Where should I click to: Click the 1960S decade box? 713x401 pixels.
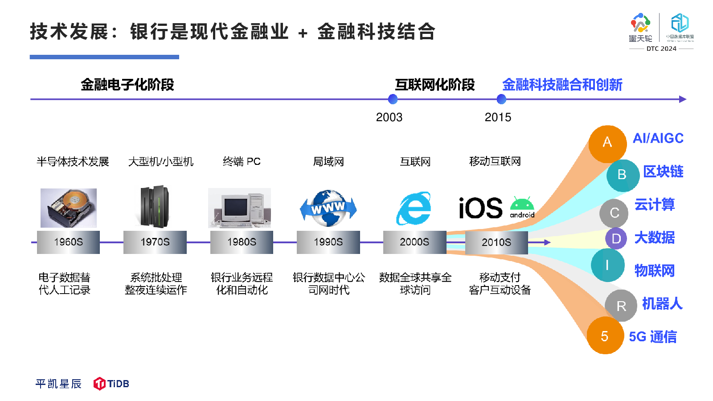click(x=69, y=242)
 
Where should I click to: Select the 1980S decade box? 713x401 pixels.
click(x=242, y=242)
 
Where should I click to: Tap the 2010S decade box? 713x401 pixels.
click(x=496, y=242)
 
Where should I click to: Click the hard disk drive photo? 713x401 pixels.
click(x=69, y=208)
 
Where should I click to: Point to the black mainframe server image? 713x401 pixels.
click(x=155, y=207)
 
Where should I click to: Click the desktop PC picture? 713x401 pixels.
click(x=239, y=208)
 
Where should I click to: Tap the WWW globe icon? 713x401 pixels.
click(x=328, y=208)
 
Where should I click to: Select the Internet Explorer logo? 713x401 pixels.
click(x=414, y=208)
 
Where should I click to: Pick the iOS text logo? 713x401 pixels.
click(x=481, y=208)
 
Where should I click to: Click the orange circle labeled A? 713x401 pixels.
click(x=607, y=144)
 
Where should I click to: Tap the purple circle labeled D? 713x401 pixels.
click(x=616, y=238)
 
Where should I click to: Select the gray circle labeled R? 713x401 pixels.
click(x=621, y=306)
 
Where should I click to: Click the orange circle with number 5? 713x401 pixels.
click(x=605, y=336)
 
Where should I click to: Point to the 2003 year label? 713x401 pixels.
click(x=389, y=118)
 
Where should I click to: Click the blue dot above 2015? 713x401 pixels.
click(x=501, y=99)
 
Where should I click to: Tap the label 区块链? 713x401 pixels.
click(x=664, y=172)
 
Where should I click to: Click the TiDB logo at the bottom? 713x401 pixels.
click(x=111, y=384)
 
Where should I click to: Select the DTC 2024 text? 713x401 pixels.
click(x=661, y=49)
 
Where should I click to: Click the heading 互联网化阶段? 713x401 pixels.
click(x=435, y=85)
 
